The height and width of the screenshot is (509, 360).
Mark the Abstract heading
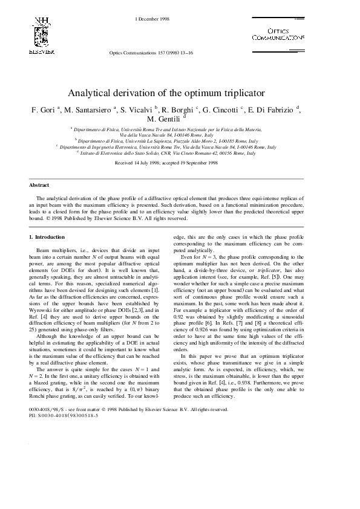click(x=39, y=185)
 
